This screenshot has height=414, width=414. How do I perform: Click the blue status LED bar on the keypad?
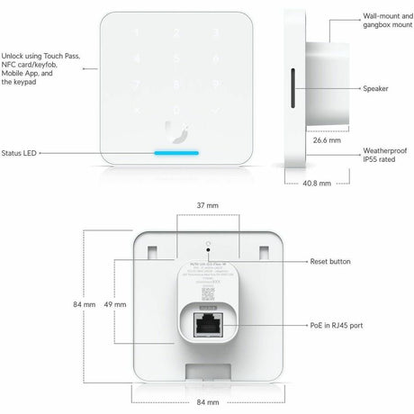tap(175, 152)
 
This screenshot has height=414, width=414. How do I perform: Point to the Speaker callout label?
tap(376, 89)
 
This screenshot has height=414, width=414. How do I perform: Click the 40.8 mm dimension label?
tap(313, 183)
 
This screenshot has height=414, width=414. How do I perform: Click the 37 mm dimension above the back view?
tap(207, 205)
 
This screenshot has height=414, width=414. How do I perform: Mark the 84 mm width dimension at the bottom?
tap(207, 402)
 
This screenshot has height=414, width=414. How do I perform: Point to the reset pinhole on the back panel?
tap(208, 241)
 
